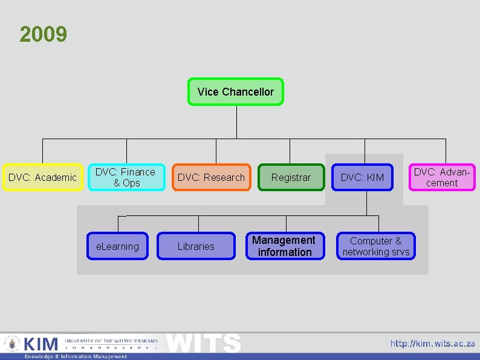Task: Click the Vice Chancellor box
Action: (x=235, y=92)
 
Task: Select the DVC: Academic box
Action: (x=42, y=177)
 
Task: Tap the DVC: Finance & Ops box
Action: (x=126, y=177)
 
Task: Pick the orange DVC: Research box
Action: (x=211, y=177)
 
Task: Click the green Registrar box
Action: (x=291, y=177)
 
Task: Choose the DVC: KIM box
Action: (x=362, y=177)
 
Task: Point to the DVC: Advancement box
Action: (x=442, y=177)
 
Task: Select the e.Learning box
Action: (x=117, y=246)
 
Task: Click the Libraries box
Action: (x=196, y=246)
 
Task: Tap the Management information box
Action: (x=284, y=246)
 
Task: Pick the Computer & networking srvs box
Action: (x=375, y=246)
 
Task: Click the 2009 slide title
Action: (x=43, y=34)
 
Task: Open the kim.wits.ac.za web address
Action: (x=432, y=344)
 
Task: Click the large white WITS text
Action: (x=204, y=343)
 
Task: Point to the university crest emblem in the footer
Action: (x=11, y=344)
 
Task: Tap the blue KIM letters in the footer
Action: (x=41, y=344)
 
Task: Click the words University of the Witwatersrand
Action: (x=111, y=341)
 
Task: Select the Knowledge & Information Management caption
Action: (x=76, y=356)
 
